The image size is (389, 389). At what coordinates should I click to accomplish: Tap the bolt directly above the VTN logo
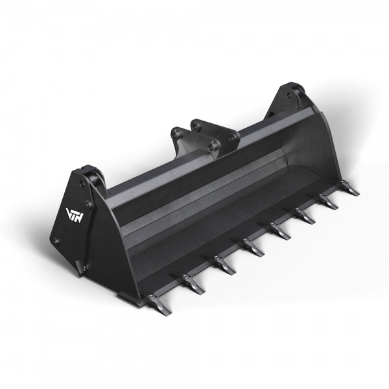click(81, 185)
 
